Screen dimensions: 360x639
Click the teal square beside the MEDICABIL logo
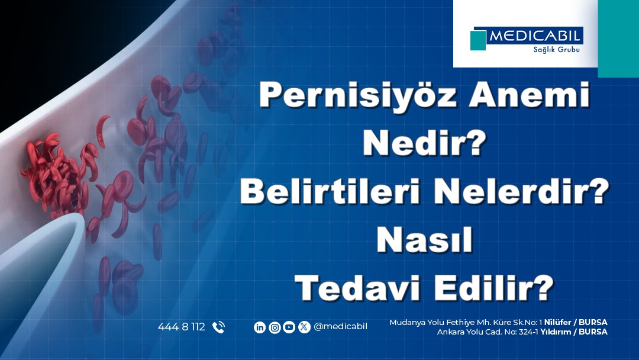click(478, 40)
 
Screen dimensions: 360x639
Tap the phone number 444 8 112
click(181, 327)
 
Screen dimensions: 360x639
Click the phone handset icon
click(218, 327)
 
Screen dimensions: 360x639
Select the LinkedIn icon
click(260, 327)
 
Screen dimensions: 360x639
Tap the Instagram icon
click(275, 327)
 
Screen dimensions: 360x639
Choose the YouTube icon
click(289, 327)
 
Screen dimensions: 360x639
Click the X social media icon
click(304, 327)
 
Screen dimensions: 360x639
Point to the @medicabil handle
click(341, 327)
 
